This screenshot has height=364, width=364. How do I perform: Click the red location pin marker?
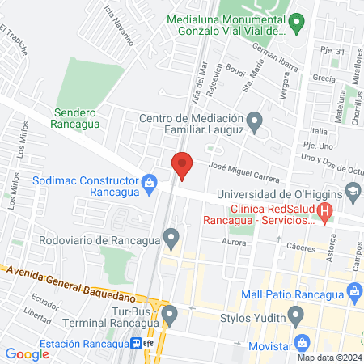pos(182,166)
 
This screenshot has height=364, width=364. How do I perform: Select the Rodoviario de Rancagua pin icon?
pos(171,239)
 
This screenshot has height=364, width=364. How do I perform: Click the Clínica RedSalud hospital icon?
pos(325,214)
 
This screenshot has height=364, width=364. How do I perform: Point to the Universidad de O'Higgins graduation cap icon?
pos(352,193)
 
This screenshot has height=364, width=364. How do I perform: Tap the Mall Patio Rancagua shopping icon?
pos(353,296)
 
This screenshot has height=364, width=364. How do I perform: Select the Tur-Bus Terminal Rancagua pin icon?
pos(169,314)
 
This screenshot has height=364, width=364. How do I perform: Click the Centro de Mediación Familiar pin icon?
pos(256,124)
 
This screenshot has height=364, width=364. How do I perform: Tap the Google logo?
pos(28,353)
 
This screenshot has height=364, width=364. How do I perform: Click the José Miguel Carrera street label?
pos(243,171)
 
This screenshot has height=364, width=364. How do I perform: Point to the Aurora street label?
pos(234,242)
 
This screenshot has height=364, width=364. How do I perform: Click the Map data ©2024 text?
pos(328,357)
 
